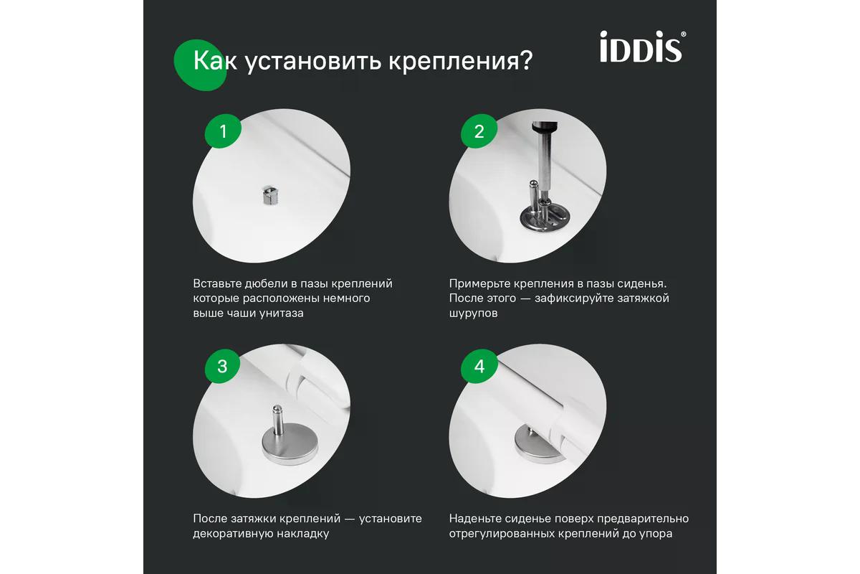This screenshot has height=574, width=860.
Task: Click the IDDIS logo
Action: [x=643, y=47]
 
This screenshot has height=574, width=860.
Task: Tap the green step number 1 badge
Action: [x=223, y=131]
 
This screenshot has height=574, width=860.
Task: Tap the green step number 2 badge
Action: [x=479, y=131]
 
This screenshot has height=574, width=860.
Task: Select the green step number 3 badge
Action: [x=223, y=366]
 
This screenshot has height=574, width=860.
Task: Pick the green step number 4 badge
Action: [x=479, y=366]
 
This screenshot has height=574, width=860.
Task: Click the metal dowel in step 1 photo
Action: [x=270, y=195]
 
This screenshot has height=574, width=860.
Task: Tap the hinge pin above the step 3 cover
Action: [x=277, y=416]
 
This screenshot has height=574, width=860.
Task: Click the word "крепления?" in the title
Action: [x=460, y=61]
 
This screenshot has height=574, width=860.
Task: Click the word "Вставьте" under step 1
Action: [x=216, y=283]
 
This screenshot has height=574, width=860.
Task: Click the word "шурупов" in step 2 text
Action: [x=474, y=314]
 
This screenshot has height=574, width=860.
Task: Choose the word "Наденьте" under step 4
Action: [x=474, y=519]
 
